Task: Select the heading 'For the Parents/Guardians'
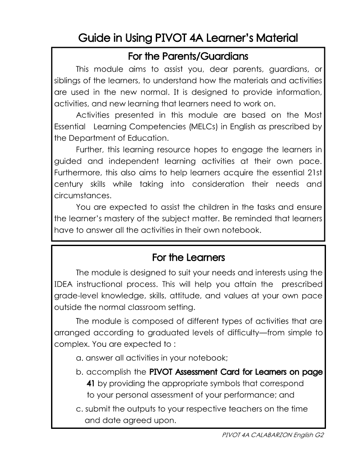click(x=188, y=57)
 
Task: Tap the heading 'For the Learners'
click(x=189, y=258)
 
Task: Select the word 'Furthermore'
click(x=75, y=173)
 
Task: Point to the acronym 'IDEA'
click(x=63, y=284)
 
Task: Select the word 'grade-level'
click(x=73, y=295)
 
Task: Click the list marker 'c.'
click(x=79, y=409)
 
